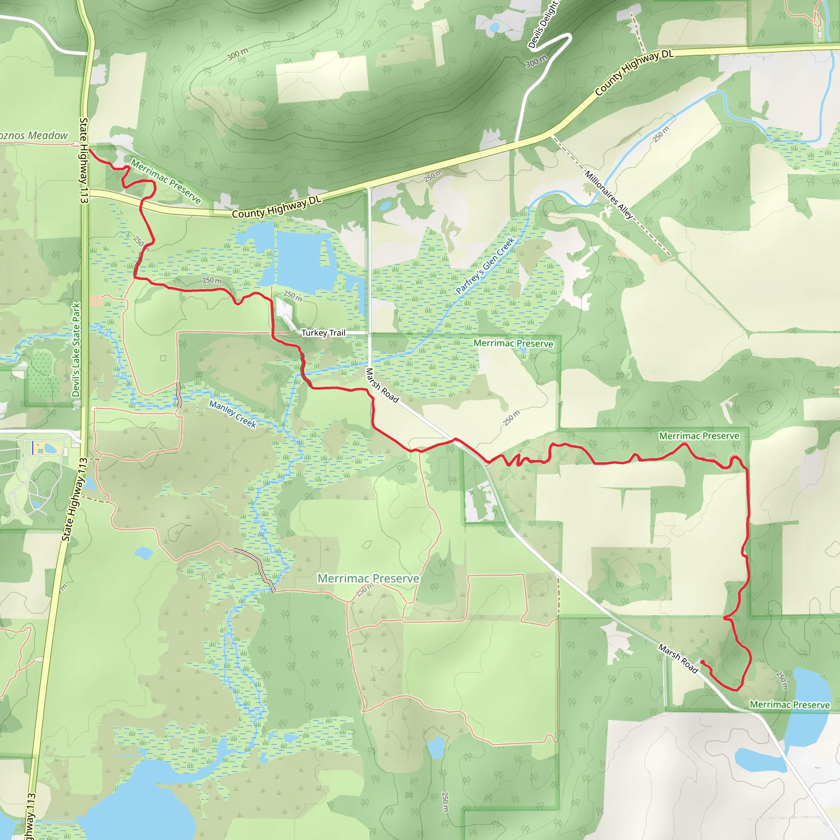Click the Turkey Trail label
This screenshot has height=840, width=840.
click(323, 333)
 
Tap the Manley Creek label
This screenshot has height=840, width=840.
click(233, 414)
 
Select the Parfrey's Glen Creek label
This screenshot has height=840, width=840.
click(485, 265)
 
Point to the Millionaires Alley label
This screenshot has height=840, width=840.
click(609, 194)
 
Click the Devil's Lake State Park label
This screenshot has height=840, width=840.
click(77, 350)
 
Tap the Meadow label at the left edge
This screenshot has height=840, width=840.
click(34, 136)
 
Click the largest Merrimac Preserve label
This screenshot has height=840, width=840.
click(368, 578)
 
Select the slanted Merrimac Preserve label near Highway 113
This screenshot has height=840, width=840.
click(166, 181)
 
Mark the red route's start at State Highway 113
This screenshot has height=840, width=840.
click(89, 150)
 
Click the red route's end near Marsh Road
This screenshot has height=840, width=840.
click(702, 662)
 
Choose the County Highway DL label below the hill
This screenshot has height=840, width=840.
click(276, 207)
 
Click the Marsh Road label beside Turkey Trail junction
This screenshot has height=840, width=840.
click(382, 386)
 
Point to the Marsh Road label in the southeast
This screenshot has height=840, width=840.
click(678, 659)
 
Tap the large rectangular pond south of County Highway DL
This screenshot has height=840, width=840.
click(304, 261)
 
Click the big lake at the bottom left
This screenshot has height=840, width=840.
click(139, 804)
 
